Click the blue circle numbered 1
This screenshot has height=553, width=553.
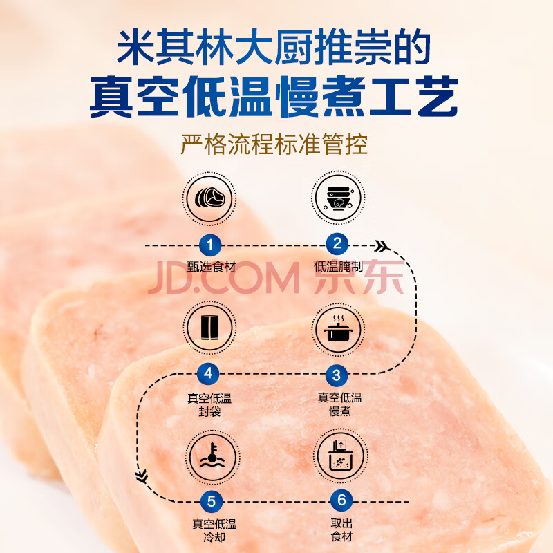coord(210,245)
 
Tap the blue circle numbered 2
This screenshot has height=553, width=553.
coord(337,244)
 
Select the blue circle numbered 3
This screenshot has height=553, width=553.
coord(337,375)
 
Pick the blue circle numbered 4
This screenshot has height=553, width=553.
coord(208,373)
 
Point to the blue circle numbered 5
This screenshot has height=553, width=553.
coord(212,501)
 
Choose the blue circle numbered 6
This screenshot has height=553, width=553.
coord(341,500)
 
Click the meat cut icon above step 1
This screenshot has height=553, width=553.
coord(209,198)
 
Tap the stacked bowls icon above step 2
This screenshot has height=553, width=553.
coord(338,198)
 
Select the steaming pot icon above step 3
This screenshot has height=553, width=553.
coord(338,330)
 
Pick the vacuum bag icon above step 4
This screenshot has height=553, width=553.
coord(209,328)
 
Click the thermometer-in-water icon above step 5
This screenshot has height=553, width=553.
coord(213,458)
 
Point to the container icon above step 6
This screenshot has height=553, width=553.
coord(341,456)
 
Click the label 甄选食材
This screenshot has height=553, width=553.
coord(212,267)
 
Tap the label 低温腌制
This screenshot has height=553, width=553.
coord(338,266)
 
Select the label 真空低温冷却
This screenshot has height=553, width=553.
coord(214,530)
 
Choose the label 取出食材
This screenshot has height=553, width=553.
coord(341,529)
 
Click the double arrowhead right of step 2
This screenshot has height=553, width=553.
coord(382,246)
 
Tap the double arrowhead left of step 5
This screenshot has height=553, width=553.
coord(142,476)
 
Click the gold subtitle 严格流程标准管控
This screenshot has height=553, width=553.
coord(274,144)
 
